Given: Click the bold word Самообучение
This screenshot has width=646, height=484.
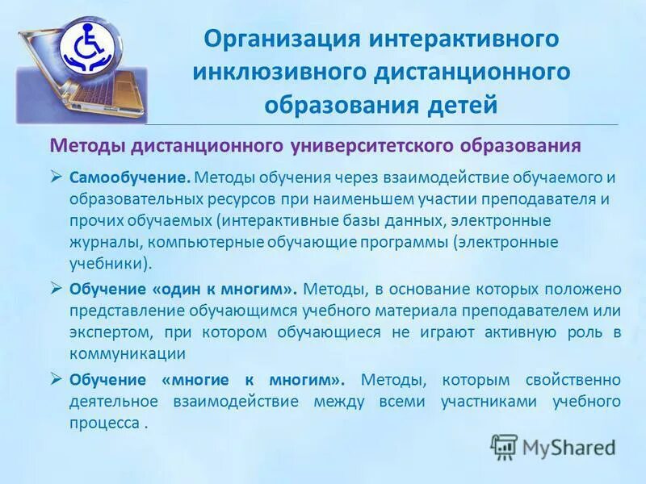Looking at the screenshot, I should click(130, 177).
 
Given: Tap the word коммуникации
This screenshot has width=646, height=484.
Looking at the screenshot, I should click(128, 353).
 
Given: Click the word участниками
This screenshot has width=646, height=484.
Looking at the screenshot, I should click(486, 401).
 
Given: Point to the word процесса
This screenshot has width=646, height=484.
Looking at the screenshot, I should click(102, 423).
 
